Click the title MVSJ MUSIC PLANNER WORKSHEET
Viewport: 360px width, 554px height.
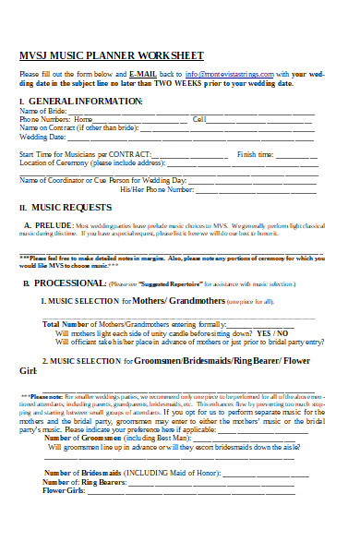pyautogui.click(x=112, y=55)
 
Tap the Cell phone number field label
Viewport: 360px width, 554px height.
pyautogui.click(x=198, y=119)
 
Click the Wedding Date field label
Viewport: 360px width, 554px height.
pyautogui.click(x=43, y=137)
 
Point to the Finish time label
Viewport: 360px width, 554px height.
pyautogui.click(x=256, y=154)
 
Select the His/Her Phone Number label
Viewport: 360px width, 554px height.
pyautogui.click(x=157, y=189)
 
